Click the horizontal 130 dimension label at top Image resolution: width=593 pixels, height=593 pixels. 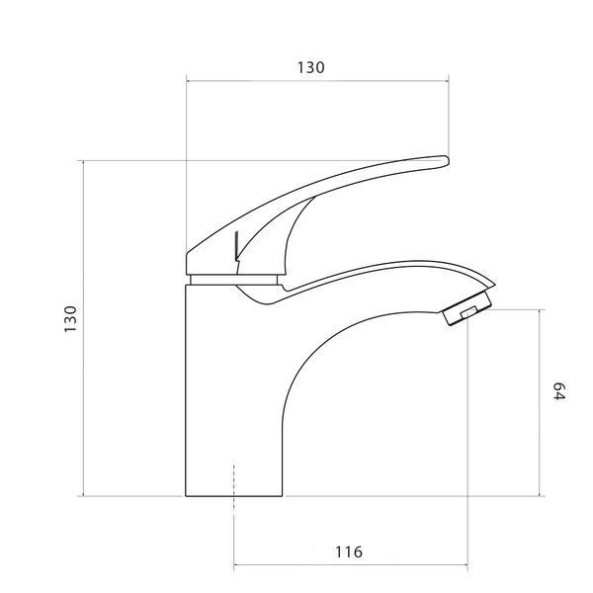[310, 67]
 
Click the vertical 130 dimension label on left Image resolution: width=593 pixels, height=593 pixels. [70, 319]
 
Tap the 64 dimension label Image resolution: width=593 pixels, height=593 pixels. [559, 391]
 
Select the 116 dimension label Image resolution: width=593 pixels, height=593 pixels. [348, 551]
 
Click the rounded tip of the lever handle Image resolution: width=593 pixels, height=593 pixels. [448, 161]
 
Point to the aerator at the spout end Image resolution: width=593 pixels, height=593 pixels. [467, 308]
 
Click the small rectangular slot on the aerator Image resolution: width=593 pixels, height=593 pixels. [468, 313]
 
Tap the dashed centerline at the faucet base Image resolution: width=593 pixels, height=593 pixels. [234, 486]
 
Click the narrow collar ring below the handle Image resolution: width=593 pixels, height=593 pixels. [233, 280]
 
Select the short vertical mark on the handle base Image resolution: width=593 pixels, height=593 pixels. [236, 246]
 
